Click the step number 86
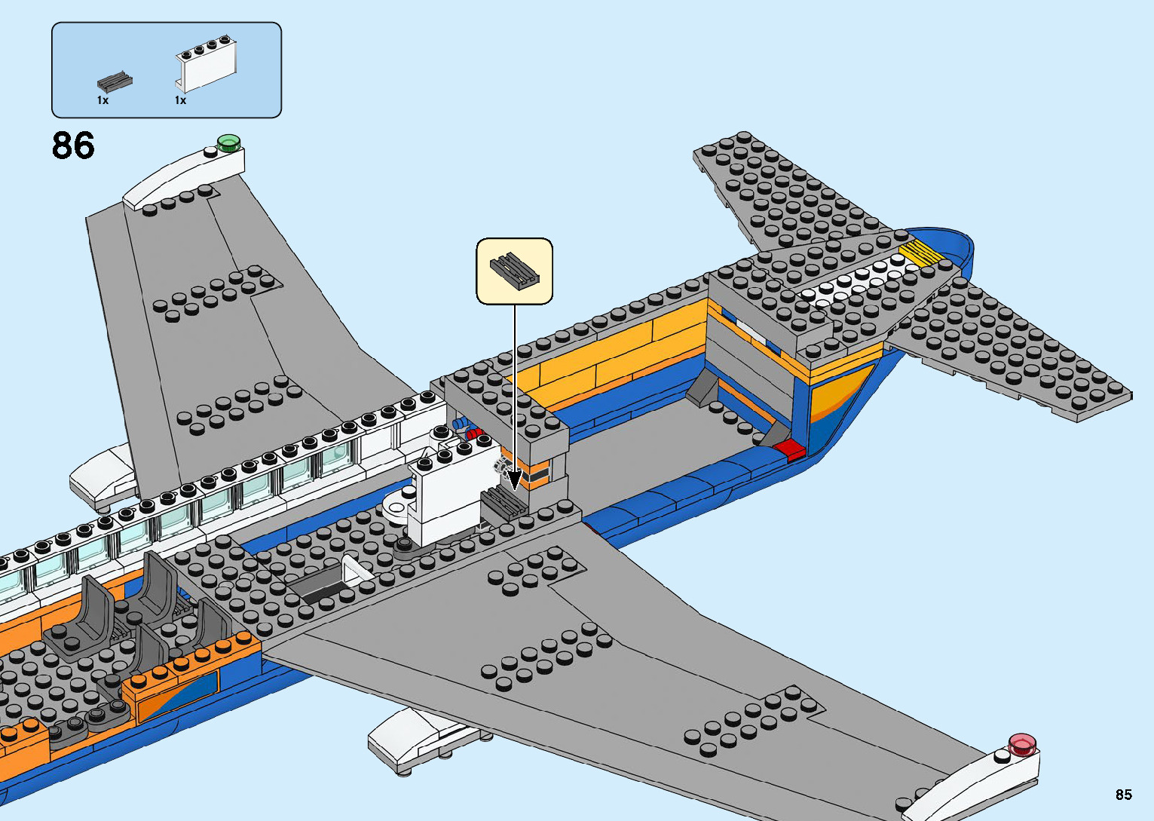[73, 146]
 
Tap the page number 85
[1123, 795]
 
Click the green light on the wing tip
[228, 141]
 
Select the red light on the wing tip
[1021, 743]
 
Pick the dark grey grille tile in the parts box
[115, 81]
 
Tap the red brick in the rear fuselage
[789, 450]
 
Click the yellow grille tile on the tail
[921, 253]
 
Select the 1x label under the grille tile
[103, 100]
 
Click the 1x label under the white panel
[180, 100]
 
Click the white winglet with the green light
[185, 176]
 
